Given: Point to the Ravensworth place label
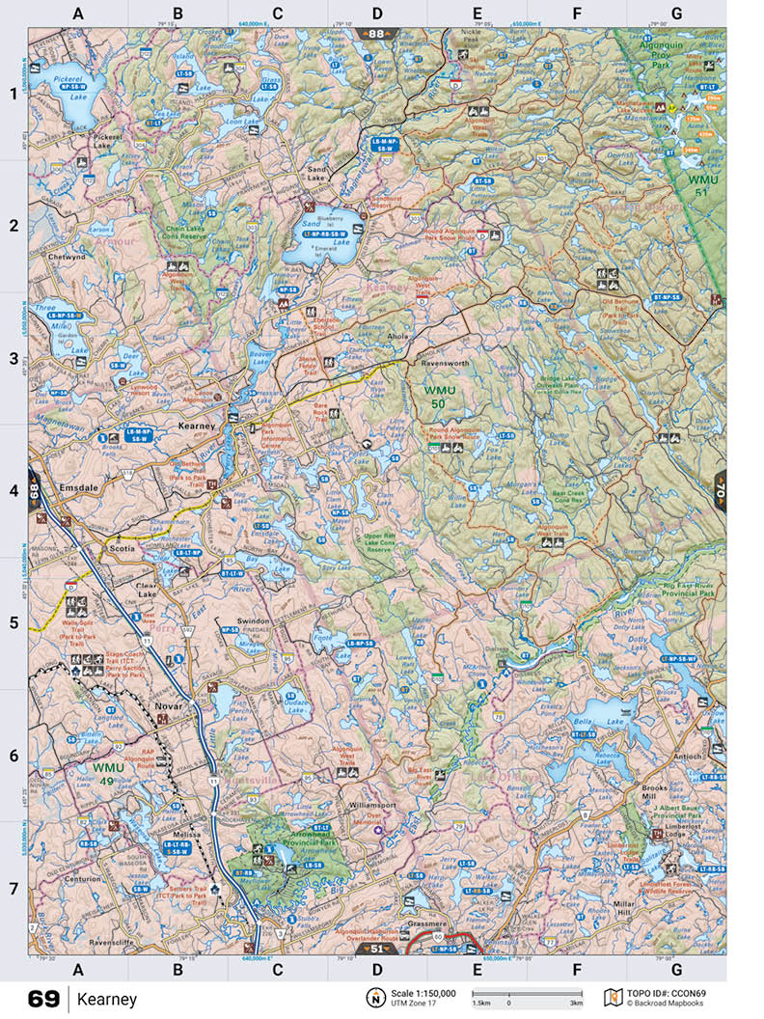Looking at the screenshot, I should pos(443,366).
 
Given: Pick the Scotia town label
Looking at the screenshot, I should pos(122,549).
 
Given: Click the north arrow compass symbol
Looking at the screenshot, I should pos(372,998).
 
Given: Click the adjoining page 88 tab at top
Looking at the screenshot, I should pos(376,34).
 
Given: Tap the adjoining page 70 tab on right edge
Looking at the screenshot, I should pos(720,491).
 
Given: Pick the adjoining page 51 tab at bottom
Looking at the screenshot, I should pos(376,950).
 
